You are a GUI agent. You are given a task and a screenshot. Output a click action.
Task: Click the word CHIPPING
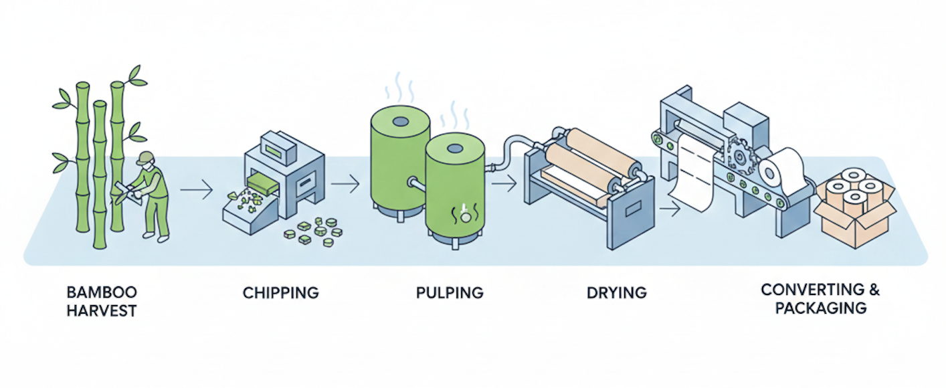click(x=280, y=292)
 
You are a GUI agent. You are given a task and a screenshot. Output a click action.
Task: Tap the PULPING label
click(x=449, y=292)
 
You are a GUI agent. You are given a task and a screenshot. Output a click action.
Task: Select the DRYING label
click(x=616, y=292)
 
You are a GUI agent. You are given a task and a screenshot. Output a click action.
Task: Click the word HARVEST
click(x=102, y=311)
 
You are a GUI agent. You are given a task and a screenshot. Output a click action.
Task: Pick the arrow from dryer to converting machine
click(x=669, y=210)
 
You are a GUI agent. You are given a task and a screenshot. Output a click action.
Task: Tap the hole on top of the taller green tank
click(x=400, y=122)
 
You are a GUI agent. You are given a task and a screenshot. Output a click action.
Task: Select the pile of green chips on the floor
click(x=310, y=229)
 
